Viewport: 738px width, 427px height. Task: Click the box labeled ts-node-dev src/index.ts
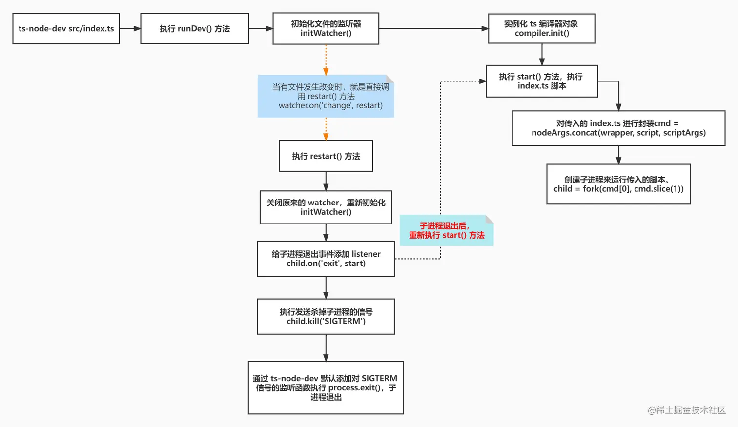tap(66, 29)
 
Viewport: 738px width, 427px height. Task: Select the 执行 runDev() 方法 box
tap(194, 29)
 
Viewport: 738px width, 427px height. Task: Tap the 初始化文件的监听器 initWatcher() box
tap(326, 29)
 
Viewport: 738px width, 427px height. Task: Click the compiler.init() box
tap(541, 29)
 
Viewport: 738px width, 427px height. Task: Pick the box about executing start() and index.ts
tap(541, 81)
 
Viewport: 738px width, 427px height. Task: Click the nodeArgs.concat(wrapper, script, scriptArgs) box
tap(618, 128)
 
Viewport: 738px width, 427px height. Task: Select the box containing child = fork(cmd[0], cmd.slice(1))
tap(618, 184)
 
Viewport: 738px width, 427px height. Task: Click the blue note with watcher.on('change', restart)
tap(326, 96)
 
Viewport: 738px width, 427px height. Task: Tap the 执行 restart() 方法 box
tap(326, 156)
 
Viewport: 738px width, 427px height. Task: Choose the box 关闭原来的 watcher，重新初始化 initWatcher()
tap(326, 207)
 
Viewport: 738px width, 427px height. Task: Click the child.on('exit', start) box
tap(326, 259)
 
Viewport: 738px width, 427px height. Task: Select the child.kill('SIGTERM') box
tap(326, 317)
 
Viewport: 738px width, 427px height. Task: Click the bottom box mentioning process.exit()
tap(326, 388)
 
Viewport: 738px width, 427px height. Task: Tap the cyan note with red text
tap(446, 231)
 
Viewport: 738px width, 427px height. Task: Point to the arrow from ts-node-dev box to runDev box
tap(130, 29)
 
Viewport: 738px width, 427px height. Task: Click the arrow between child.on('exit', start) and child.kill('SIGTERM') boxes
tap(326, 288)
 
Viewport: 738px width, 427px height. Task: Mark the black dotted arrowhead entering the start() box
tap(482, 81)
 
